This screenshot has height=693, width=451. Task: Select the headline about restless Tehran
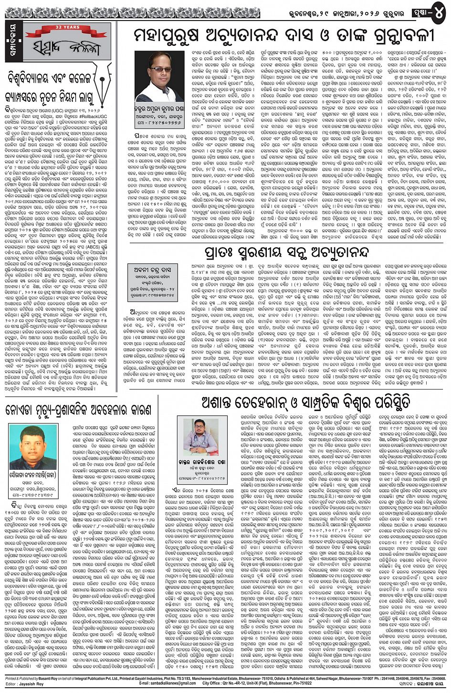306,402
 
